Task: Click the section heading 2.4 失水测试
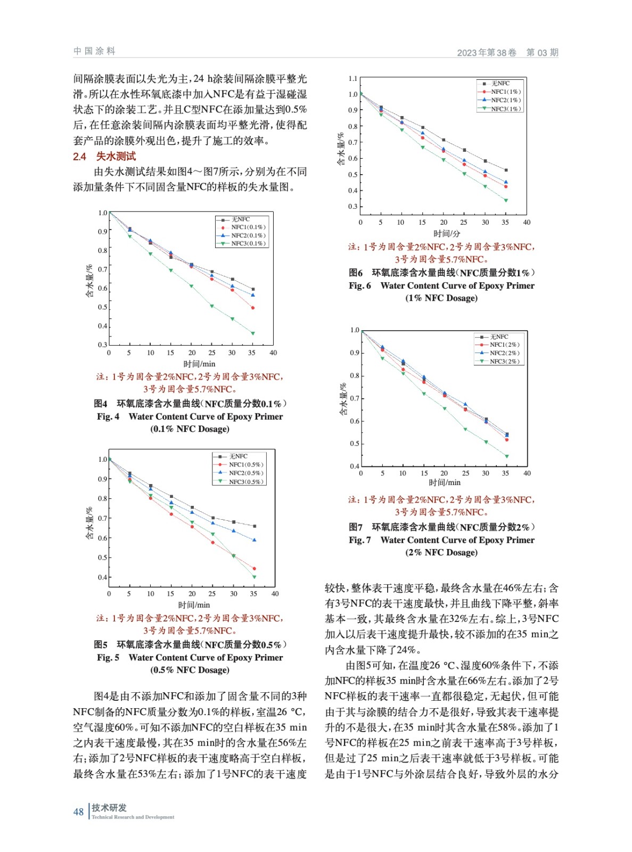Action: click(x=104, y=157)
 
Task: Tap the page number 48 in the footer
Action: click(x=78, y=812)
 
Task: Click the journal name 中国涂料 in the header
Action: click(x=94, y=51)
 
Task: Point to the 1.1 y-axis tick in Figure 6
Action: click(x=352, y=79)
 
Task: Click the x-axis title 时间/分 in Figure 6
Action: click(x=447, y=234)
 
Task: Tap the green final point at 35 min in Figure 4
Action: click(x=253, y=333)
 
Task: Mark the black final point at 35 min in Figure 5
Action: click(x=255, y=526)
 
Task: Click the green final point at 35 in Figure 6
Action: click(x=506, y=200)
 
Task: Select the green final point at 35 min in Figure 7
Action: click(x=507, y=456)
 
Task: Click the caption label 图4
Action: click(x=101, y=404)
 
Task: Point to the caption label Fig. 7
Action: click(x=360, y=540)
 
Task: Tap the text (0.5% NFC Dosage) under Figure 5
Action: click(x=190, y=670)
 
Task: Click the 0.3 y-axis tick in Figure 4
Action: click(x=102, y=345)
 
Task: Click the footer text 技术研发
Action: click(x=109, y=808)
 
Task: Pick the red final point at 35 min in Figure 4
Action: click(x=253, y=308)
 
